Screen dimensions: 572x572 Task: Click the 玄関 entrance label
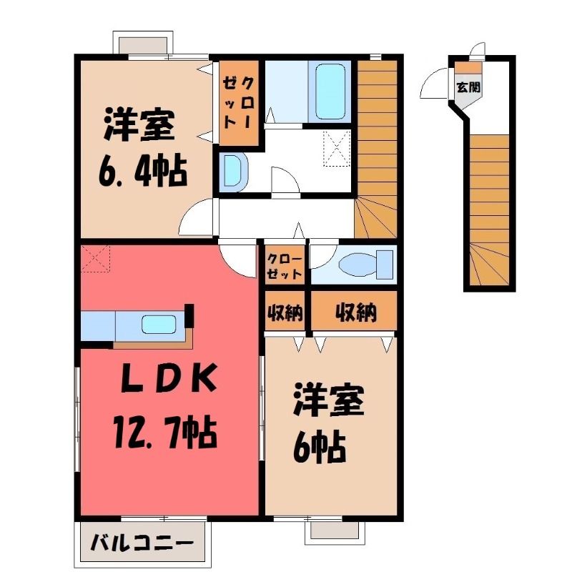(x=468, y=87)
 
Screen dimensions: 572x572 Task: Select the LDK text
(x=169, y=380)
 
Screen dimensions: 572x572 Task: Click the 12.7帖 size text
(x=166, y=433)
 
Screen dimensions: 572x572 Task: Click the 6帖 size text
(x=320, y=446)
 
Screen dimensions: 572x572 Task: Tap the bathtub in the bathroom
(x=330, y=92)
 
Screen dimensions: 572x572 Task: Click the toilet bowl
(x=358, y=264)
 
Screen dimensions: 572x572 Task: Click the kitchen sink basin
(x=159, y=324)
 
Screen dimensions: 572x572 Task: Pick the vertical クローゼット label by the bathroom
(x=239, y=104)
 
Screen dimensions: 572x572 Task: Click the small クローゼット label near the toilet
(x=285, y=267)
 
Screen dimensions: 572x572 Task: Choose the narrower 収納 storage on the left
(x=285, y=312)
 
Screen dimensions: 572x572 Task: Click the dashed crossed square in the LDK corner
(x=95, y=259)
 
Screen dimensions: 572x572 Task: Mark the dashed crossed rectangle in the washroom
(x=337, y=149)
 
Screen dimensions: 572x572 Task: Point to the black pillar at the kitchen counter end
(x=189, y=316)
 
